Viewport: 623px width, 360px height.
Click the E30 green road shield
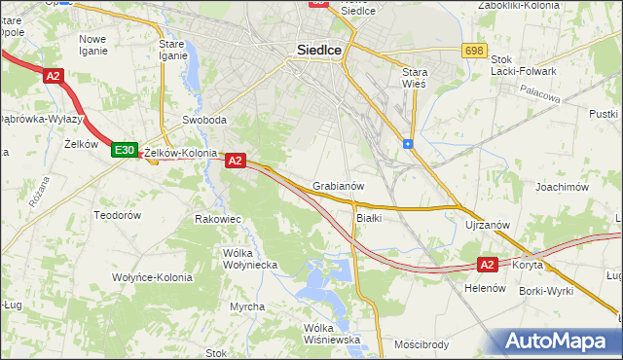pos(124,150)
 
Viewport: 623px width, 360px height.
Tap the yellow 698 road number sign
pos(474,51)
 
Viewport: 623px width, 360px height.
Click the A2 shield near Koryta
pos(489,264)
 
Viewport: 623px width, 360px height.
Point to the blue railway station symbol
pos(407,144)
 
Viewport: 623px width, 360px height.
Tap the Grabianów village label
pos(339,185)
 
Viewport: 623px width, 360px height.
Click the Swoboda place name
pos(204,121)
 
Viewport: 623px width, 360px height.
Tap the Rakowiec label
pos(218,219)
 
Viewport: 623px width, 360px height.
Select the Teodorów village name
pos(118,214)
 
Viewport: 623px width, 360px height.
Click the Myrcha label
pos(247,306)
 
